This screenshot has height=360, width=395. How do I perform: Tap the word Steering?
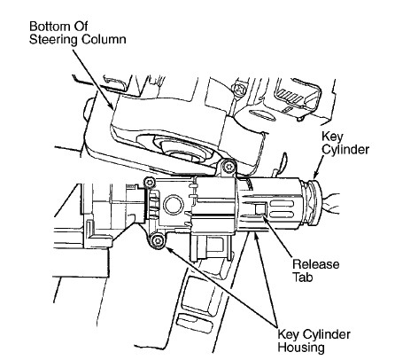tap(53, 39)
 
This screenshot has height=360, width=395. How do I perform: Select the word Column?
tap(103, 39)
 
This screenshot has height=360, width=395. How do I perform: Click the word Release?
tap(315, 264)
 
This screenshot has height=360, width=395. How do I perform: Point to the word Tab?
tap(302, 278)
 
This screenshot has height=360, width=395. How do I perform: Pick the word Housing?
tap(301, 348)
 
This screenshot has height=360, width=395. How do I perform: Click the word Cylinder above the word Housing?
tap(327, 334)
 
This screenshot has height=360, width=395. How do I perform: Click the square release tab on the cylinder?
tap(260, 208)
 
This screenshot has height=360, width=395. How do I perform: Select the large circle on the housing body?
tap(174, 205)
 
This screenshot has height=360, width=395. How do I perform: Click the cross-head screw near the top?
tap(238, 89)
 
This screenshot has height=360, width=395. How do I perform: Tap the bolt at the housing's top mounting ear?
tap(228, 168)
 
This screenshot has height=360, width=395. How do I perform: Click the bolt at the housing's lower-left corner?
tap(158, 240)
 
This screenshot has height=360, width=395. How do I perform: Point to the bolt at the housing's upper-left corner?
tap(150, 182)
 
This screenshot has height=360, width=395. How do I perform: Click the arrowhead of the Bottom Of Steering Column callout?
tap(111, 106)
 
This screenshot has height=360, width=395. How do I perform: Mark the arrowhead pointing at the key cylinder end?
tap(315, 174)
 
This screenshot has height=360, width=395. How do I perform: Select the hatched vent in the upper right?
tap(290, 97)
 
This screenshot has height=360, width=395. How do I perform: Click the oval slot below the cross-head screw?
tap(260, 115)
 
